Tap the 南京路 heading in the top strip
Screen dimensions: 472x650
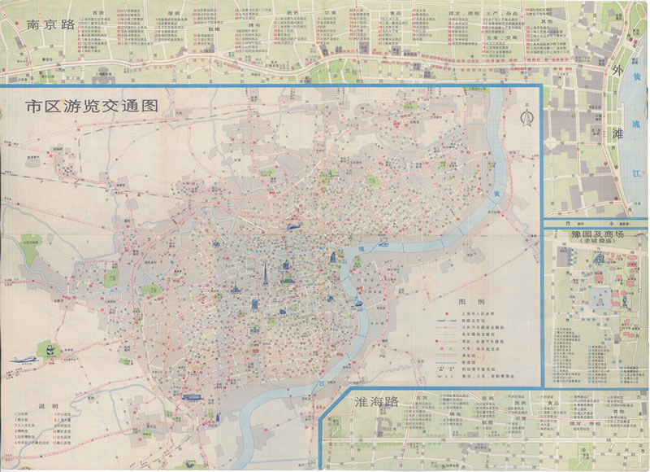pos(50,24)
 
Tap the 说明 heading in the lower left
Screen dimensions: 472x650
pos(48,406)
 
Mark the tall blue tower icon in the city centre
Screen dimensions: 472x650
pos(265,273)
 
